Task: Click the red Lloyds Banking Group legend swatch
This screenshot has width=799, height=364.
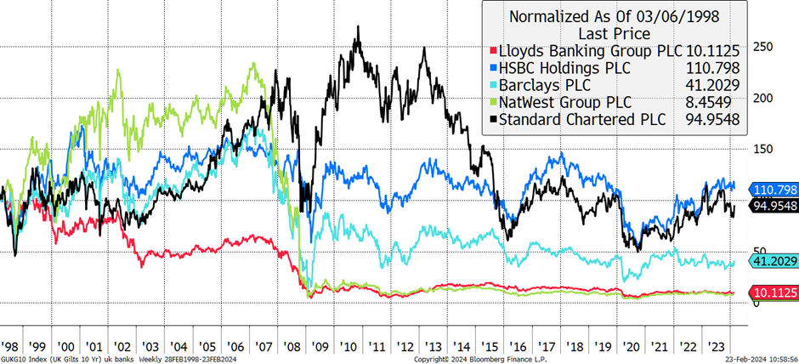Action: [492, 51]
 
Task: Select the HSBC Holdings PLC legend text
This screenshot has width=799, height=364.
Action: [564, 68]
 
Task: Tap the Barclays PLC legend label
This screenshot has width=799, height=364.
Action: [542, 85]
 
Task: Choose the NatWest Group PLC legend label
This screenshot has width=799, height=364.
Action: [564, 102]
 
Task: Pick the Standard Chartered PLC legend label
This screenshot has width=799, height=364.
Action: [582, 120]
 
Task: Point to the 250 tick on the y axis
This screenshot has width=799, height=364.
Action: [763, 47]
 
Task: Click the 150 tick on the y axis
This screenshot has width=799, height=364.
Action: [763, 149]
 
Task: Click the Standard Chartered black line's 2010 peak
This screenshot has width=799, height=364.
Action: [358, 26]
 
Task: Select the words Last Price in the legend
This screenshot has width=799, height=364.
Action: [614, 34]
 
